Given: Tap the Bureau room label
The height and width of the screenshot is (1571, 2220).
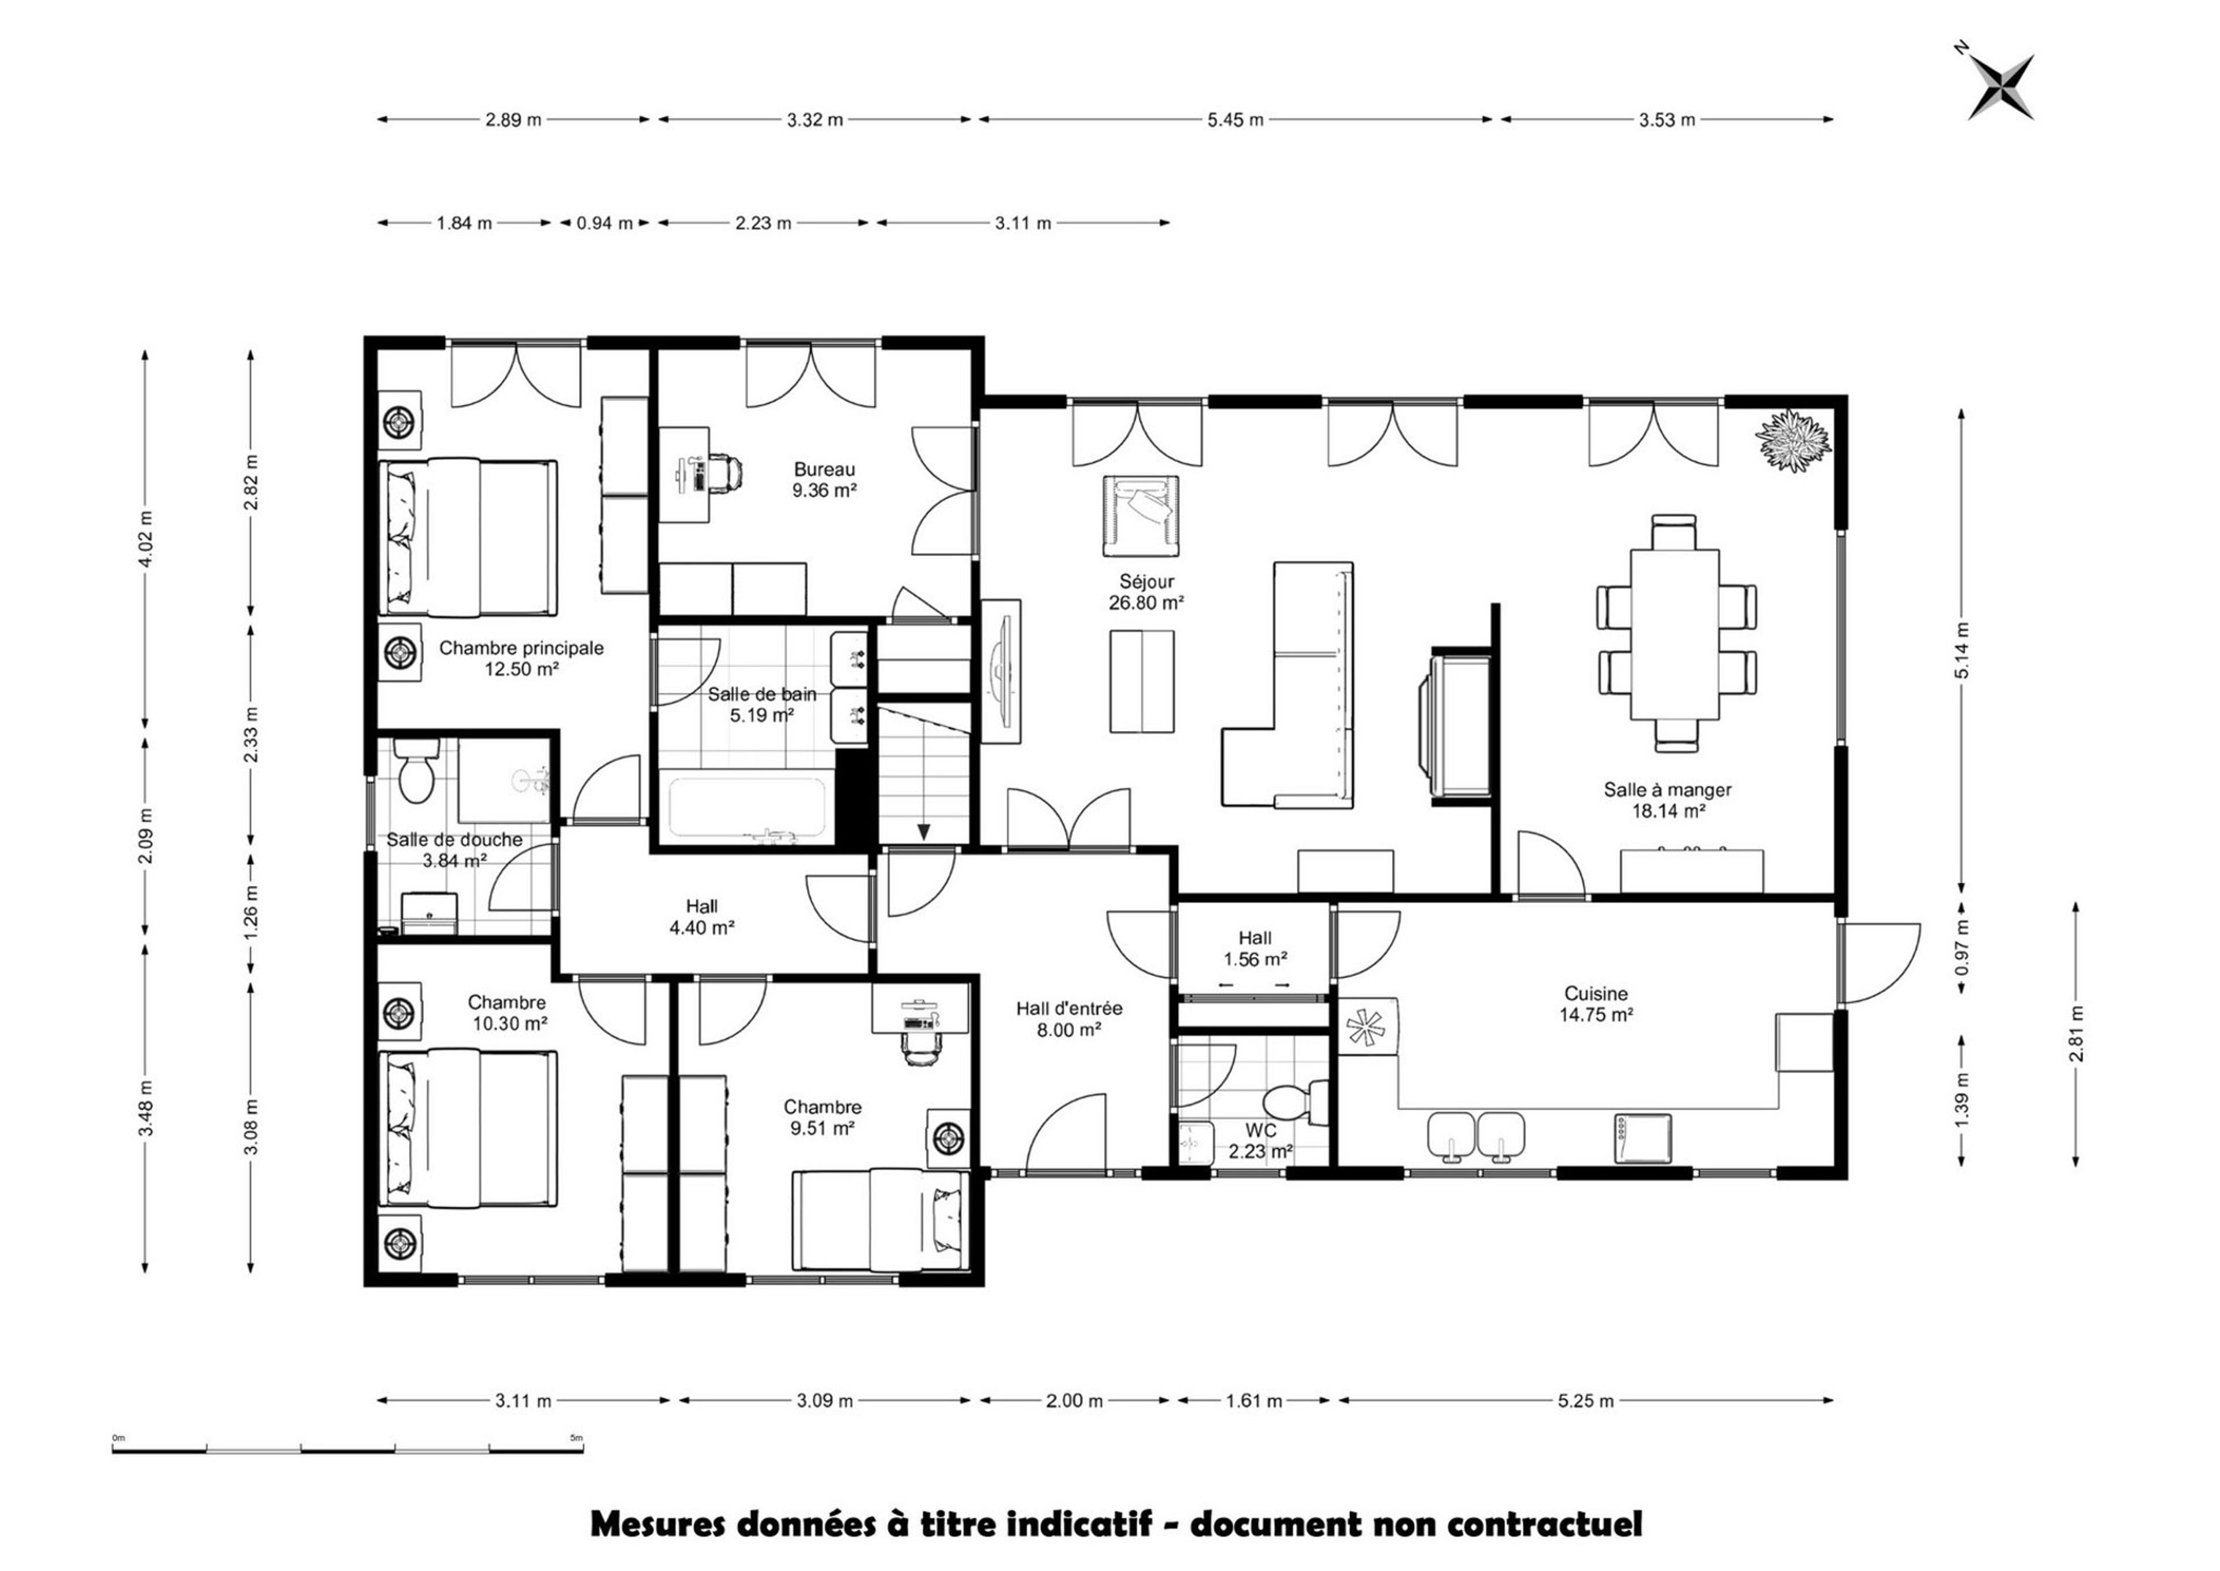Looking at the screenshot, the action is pyautogui.click(x=824, y=469).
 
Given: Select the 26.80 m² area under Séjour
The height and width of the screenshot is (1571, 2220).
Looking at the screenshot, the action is pyautogui.click(x=1146, y=602).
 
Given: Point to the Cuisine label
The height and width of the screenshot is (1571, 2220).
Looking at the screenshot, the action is pyautogui.click(x=1596, y=993).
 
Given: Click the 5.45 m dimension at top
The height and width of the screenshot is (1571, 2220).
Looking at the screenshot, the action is pyautogui.click(x=1235, y=120).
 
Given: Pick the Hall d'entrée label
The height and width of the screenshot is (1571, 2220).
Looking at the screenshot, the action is pyautogui.click(x=1069, y=1008).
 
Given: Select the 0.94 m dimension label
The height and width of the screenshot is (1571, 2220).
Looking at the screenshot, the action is pyautogui.click(x=605, y=223).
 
